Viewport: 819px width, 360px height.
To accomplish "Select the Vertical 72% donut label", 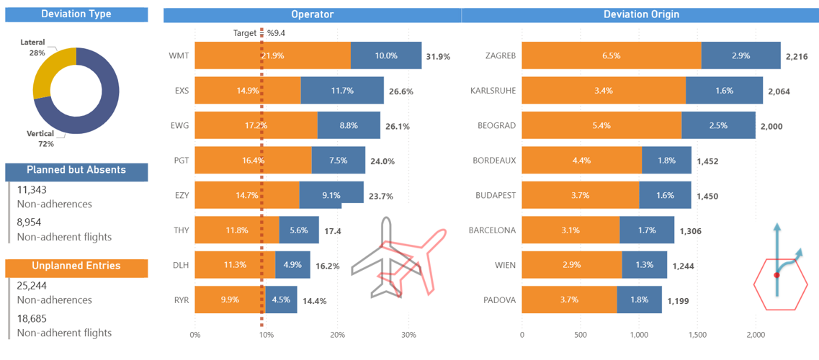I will click(x=40, y=139).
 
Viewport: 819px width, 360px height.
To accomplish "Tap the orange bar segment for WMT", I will click(x=272, y=55).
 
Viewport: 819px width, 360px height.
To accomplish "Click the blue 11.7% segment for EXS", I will click(x=342, y=91).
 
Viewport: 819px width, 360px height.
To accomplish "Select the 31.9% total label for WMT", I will click(x=438, y=56).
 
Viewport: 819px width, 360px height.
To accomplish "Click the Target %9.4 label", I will click(x=259, y=33).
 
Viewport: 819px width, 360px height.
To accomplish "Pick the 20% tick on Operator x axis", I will click(x=337, y=335).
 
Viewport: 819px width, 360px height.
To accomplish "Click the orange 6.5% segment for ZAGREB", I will click(x=611, y=55).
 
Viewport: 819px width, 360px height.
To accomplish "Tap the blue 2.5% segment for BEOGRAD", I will click(x=728, y=125).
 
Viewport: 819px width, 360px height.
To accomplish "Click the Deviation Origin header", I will click(x=640, y=14).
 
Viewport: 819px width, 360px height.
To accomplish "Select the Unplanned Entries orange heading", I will click(x=76, y=266).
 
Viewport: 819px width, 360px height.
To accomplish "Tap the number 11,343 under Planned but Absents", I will click(x=32, y=190).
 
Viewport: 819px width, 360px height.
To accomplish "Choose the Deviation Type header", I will click(x=76, y=14).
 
